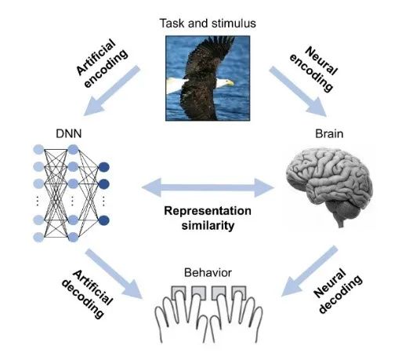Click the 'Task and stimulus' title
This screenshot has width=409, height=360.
click(208, 24)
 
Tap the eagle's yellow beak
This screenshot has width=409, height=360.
click(230, 83)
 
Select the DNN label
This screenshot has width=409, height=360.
click(69, 133)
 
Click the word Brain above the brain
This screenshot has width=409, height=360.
click(329, 133)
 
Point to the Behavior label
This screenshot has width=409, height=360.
click(208, 273)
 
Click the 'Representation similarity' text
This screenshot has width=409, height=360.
click(208, 218)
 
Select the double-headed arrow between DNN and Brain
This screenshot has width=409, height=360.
click(208, 187)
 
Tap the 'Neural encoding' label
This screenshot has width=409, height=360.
click(313, 69)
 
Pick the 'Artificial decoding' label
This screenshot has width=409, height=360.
click(87, 293)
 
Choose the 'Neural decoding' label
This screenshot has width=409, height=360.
click(338, 290)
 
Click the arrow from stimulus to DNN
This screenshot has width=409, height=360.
click(112, 91)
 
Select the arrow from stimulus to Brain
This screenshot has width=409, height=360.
click(299, 92)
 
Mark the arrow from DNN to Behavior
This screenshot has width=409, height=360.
click(114, 274)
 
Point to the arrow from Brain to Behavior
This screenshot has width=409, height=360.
click(309, 271)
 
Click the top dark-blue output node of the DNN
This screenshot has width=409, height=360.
click(104, 167)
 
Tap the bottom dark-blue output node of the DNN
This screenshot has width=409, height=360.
click(104, 220)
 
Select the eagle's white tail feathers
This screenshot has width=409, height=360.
click(174, 85)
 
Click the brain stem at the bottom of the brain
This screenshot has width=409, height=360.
click(340, 223)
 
